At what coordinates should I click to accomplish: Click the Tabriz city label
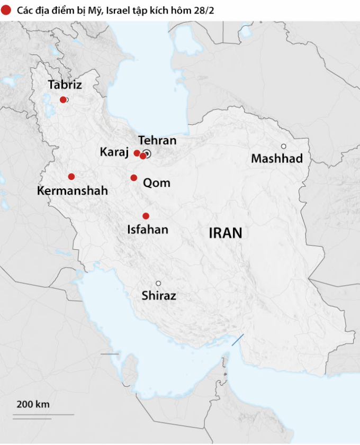click(65, 85)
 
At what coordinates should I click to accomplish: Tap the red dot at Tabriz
click(63, 99)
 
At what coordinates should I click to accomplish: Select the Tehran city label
click(157, 141)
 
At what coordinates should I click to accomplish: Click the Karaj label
click(114, 152)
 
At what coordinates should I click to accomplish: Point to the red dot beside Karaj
click(137, 153)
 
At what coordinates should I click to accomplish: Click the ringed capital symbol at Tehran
click(148, 154)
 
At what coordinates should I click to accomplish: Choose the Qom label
click(157, 183)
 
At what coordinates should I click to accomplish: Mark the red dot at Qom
click(134, 178)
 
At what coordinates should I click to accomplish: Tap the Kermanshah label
click(73, 191)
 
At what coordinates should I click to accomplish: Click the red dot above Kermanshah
click(71, 177)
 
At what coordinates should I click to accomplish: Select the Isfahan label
click(148, 230)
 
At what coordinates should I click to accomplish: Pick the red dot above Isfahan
click(146, 216)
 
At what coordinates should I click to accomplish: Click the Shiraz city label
click(159, 296)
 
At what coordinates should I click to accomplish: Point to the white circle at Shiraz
click(158, 283)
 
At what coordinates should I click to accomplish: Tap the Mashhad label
click(277, 158)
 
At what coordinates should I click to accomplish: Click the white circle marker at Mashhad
click(284, 146)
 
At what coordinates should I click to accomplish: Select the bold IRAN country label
click(225, 233)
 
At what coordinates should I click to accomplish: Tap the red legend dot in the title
click(6, 10)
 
